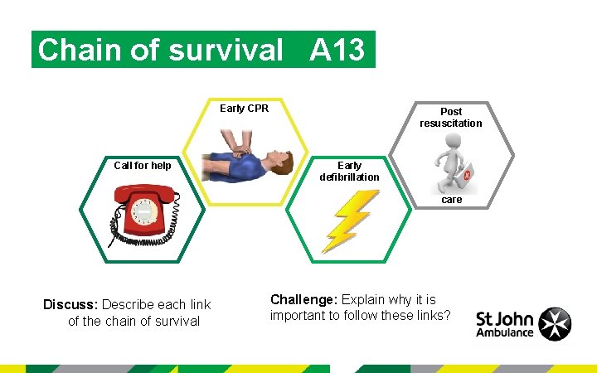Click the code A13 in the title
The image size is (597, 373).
[x=337, y=51]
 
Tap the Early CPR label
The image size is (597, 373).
[x=244, y=109]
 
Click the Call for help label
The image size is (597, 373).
[x=143, y=166]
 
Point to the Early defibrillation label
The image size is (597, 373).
[x=349, y=171]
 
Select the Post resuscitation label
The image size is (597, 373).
[x=450, y=117]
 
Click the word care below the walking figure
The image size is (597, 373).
[x=452, y=200]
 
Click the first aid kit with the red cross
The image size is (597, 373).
[x=466, y=175]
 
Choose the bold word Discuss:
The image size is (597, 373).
[x=71, y=305]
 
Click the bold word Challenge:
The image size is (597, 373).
[x=304, y=299]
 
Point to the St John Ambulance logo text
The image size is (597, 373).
[x=505, y=325]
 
